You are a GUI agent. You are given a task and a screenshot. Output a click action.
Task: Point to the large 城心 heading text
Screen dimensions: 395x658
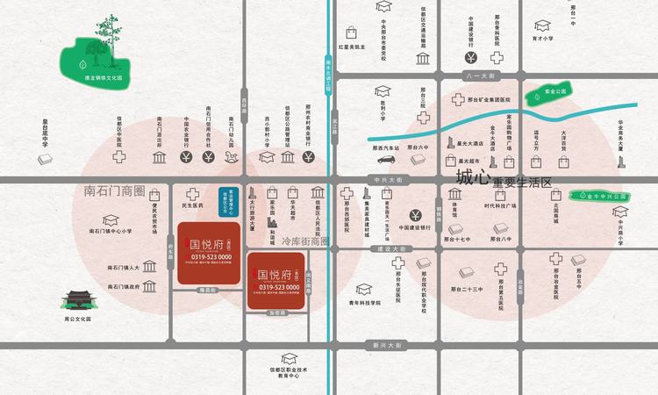[x=471, y=178]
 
